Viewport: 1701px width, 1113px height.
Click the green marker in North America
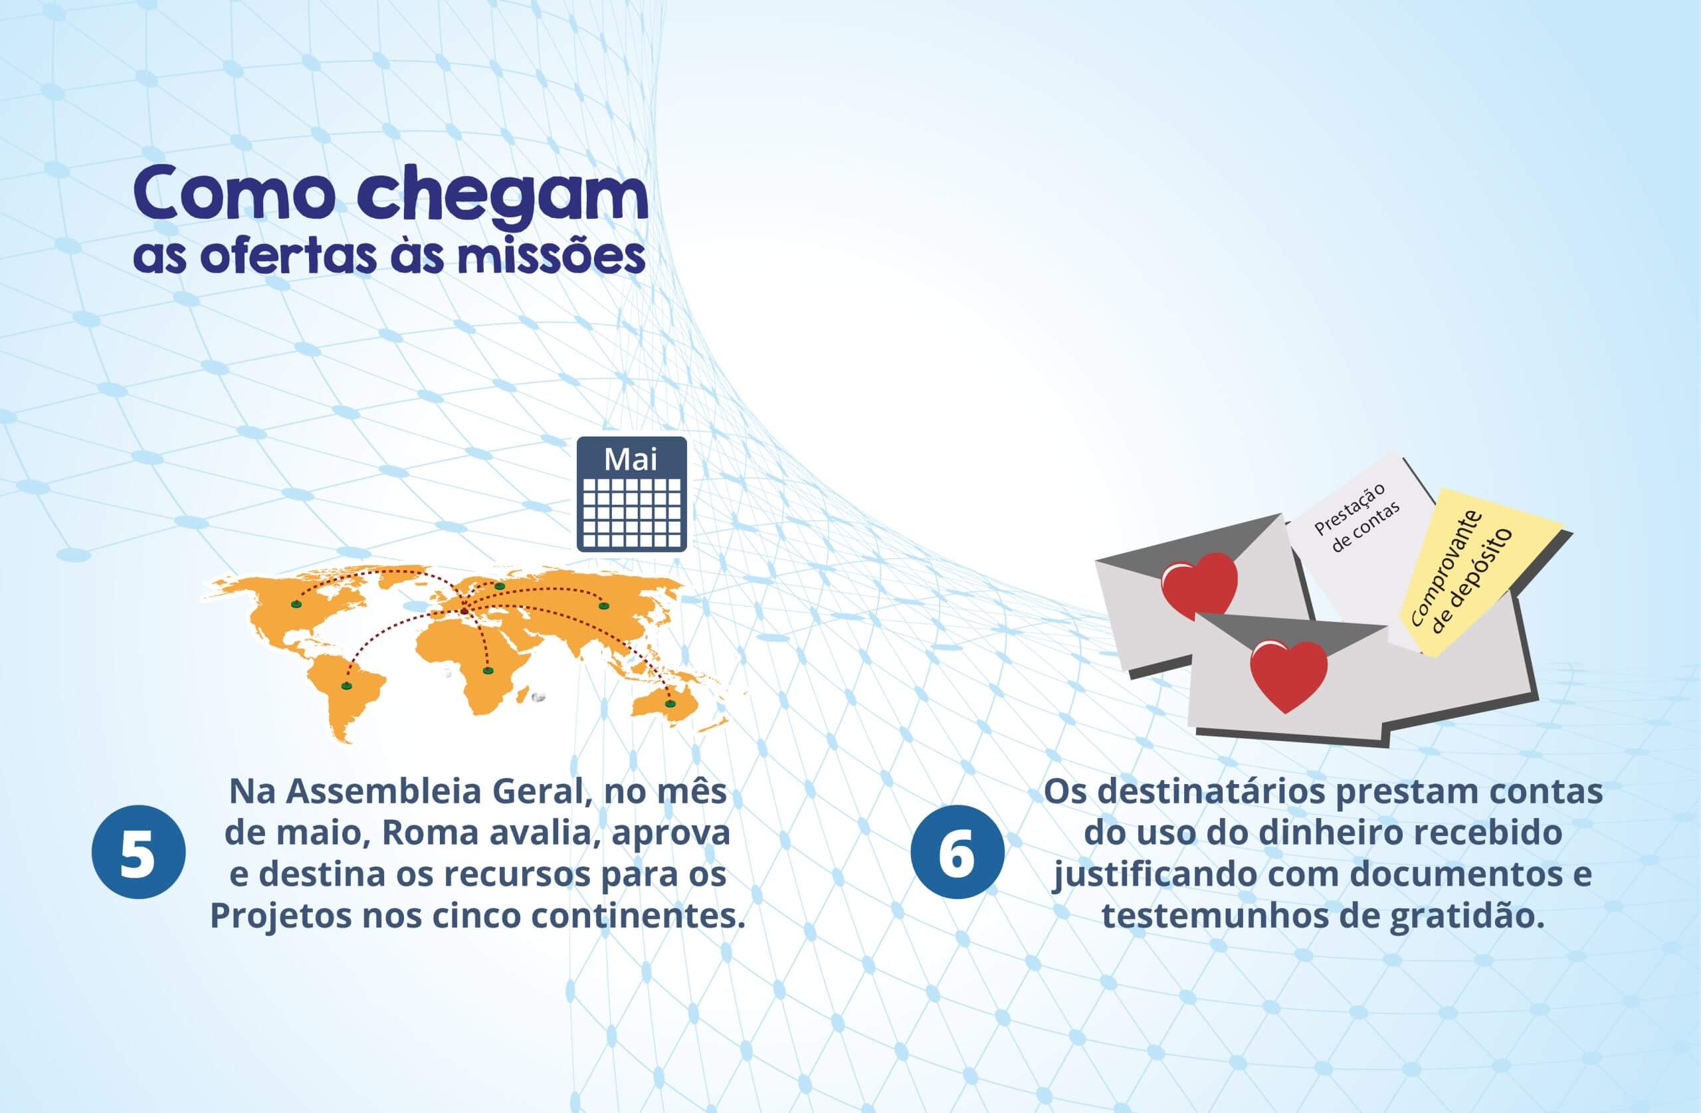point(295,605)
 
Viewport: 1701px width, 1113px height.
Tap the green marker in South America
point(347,686)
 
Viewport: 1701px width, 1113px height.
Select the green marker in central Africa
point(488,670)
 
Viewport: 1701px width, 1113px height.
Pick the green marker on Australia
point(670,704)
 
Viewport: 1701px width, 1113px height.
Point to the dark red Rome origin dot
point(464,611)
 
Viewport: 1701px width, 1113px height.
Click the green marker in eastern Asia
point(604,605)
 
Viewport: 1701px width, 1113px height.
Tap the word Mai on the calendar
point(631,459)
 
